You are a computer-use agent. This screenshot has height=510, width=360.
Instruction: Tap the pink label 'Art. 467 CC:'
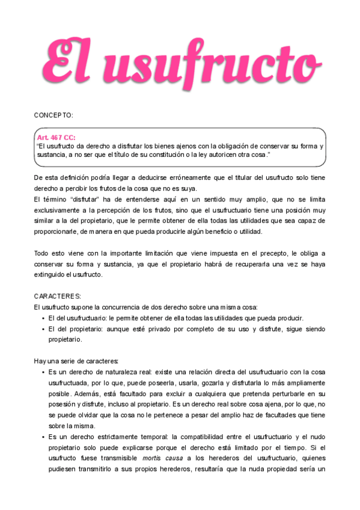tap(56, 138)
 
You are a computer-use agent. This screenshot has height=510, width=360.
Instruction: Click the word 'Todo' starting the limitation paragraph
tap(41, 253)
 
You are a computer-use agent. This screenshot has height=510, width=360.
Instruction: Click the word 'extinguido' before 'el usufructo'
tap(50, 275)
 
